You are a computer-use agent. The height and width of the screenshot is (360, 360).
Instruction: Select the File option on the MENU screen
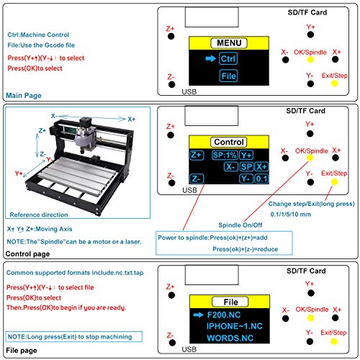pos(228,75)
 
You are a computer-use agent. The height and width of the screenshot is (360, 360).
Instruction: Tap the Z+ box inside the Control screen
pos(197,155)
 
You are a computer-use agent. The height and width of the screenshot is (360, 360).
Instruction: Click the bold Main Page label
pos(24,95)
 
